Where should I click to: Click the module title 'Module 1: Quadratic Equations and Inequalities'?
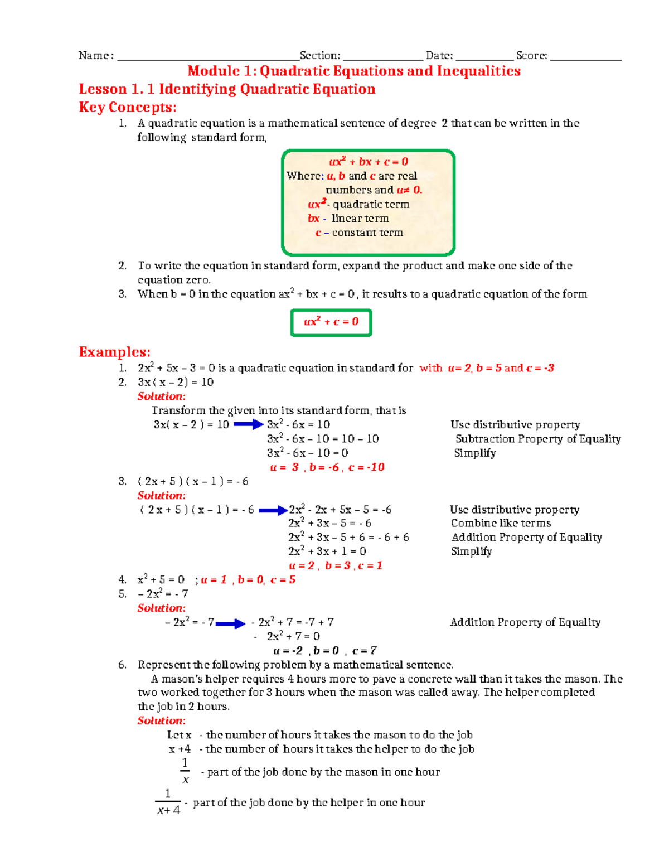coord(354,71)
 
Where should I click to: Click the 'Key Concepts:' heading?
coord(128,108)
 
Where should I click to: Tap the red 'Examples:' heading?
coord(114,352)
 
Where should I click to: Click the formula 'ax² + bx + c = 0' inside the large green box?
coord(369,162)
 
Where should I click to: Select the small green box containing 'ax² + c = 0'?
coord(331,322)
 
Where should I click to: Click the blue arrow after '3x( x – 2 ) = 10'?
coord(248,425)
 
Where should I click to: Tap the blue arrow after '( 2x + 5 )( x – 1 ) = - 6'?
coord(273,510)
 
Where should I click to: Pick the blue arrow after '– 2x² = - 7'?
coord(230,623)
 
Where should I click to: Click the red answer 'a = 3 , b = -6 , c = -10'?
coord(327,467)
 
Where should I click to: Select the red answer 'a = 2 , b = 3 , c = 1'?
coord(336,566)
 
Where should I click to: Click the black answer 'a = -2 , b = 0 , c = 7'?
coord(325,651)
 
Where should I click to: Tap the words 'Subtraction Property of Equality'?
coord(538,439)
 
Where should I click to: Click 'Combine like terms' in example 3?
coord(501,523)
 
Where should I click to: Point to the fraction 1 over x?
coord(185,771)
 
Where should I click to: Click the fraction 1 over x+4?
coord(168,802)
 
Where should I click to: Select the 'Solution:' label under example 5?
coord(162,608)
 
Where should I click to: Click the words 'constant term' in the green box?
coord(367,233)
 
